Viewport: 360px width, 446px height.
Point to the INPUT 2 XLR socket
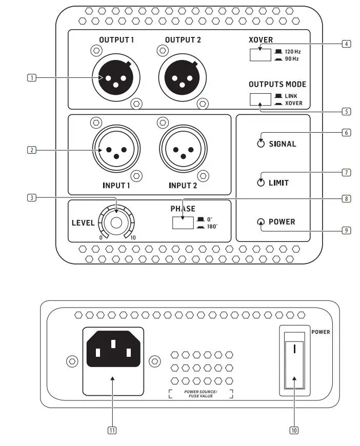[x=181, y=150]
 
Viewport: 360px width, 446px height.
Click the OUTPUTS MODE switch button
[x=260, y=99]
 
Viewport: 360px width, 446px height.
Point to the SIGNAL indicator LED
[x=261, y=144]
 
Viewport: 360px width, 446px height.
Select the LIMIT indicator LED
[x=261, y=183]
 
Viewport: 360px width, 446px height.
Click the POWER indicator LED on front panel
[x=261, y=222]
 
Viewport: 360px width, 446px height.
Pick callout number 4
[x=347, y=44]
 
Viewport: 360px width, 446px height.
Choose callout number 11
[x=112, y=430]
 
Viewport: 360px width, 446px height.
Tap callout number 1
[x=32, y=78]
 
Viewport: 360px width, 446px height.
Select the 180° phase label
[x=212, y=226]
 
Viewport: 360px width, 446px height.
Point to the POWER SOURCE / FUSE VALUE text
[x=201, y=394]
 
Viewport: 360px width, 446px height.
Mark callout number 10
[x=294, y=430]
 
